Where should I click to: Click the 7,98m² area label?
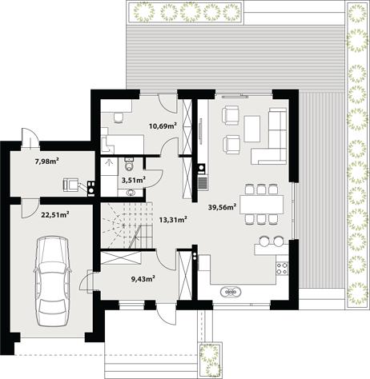(x=47, y=161)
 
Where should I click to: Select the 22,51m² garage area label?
(x=55, y=214)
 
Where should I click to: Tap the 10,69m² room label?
(x=163, y=126)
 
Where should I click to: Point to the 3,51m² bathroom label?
(x=134, y=180)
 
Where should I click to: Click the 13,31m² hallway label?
(x=173, y=220)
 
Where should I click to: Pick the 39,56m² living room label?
(x=222, y=207)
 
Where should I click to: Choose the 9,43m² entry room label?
(x=143, y=279)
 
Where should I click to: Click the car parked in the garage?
(x=53, y=281)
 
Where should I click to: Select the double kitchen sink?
(x=231, y=292)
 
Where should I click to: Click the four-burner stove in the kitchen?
(x=282, y=269)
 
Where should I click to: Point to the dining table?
(x=261, y=205)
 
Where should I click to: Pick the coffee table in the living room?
(x=252, y=129)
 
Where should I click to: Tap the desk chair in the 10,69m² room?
(x=119, y=118)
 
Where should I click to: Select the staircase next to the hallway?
(x=127, y=225)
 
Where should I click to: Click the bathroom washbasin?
(x=131, y=193)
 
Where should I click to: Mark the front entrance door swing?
(x=167, y=314)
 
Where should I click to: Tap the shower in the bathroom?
(x=109, y=166)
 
